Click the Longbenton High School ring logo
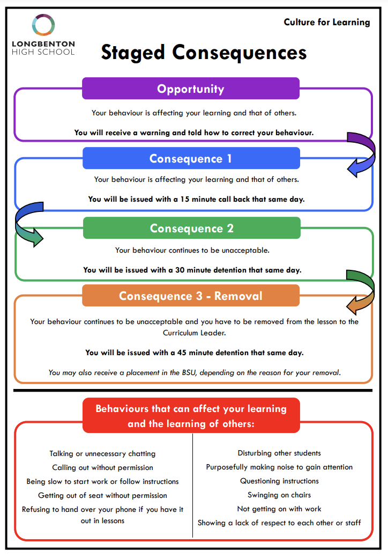pos(43,16)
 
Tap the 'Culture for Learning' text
pos(326,23)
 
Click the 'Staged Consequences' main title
pos(204,53)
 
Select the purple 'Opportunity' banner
pos(191,88)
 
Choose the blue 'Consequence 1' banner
pos(191,158)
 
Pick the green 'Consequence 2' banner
pos(192,227)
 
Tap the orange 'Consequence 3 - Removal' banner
pos(191,296)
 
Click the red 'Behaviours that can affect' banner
pos(191,415)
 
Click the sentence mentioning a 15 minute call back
pos(197,199)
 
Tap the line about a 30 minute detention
pos(192,270)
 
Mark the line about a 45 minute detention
pos(195,353)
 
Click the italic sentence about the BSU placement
pos(195,372)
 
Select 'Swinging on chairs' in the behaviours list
pos(279,495)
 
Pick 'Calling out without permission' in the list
pos(103,468)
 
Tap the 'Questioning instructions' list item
pos(279,481)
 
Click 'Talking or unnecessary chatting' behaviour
pos(103,454)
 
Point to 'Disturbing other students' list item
pos(279,453)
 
